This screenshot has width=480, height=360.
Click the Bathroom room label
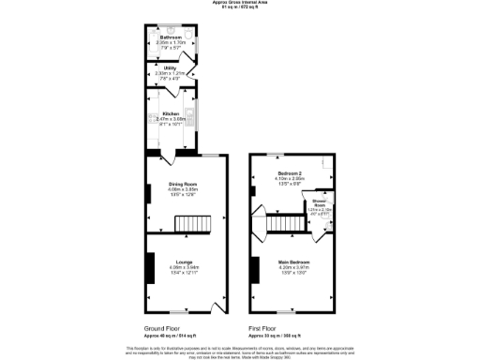(170, 37)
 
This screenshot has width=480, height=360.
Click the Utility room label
(170, 68)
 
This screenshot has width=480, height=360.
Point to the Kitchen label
(171, 113)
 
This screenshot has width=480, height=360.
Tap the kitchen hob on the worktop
(151, 119)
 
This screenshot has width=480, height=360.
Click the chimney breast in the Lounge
(149, 266)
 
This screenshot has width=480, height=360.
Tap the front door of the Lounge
(217, 307)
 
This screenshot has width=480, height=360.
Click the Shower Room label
(320, 204)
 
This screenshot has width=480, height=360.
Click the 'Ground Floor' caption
(161, 328)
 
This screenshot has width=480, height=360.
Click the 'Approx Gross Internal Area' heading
(239, 4)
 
